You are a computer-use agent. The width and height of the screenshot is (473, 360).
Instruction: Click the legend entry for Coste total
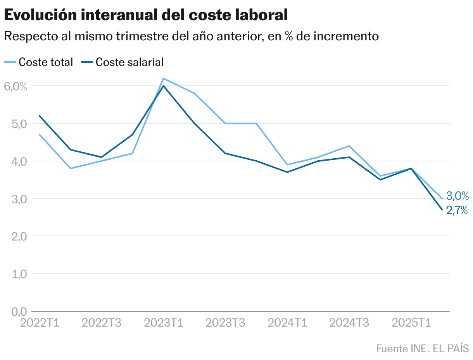point(39,62)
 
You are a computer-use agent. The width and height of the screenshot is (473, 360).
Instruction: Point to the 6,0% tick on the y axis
point(16,86)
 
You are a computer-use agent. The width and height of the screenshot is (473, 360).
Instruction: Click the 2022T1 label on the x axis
point(40,323)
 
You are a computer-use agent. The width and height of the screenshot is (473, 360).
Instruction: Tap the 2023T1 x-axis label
point(163,323)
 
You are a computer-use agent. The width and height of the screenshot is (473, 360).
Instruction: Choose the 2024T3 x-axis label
point(349,323)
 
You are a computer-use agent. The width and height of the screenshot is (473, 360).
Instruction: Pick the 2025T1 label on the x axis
point(411,323)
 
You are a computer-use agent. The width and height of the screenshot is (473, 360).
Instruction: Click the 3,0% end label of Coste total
point(457,196)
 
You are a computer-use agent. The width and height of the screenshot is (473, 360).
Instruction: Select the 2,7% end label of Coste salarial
point(457,211)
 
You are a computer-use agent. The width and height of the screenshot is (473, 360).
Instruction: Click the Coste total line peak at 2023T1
point(163,78)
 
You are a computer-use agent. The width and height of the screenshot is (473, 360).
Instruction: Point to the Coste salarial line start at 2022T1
point(40,116)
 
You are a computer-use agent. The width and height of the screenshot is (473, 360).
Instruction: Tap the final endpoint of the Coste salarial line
point(442,210)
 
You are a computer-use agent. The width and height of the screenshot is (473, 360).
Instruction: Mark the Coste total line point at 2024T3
point(349,146)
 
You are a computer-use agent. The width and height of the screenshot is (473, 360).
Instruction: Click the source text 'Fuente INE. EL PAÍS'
point(422,348)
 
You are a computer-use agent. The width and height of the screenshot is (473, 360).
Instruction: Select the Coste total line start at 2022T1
point(40,135)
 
